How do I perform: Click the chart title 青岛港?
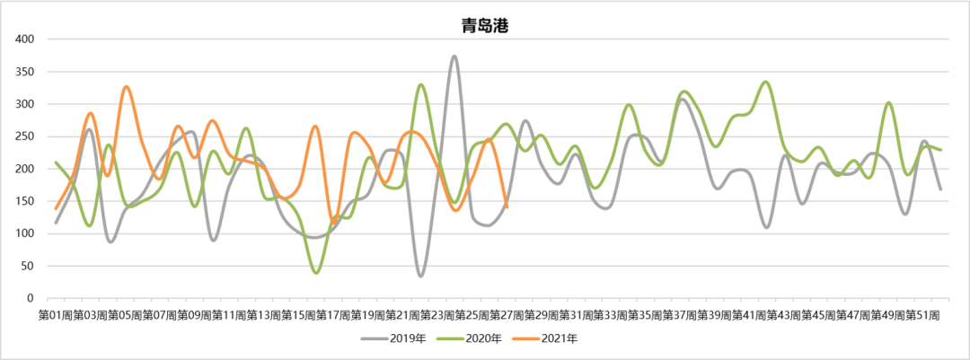pyautogui.click(x=485, y=26)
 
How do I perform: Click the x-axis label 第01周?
pyautogui.click(x=55, y=315)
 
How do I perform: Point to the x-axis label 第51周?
pyautogui.click(x=922, y=315)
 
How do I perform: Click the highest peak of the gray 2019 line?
pyautogui.click(x=454, y=57)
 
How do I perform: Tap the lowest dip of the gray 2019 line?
pyautogui.click(x=420, y=276)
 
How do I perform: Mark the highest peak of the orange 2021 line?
pyautogui.click(x=126, y=87)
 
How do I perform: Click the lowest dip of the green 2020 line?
pyautogui.click(x=316, y=272)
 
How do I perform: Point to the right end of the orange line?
pyautogui.click(x=507, y=207)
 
